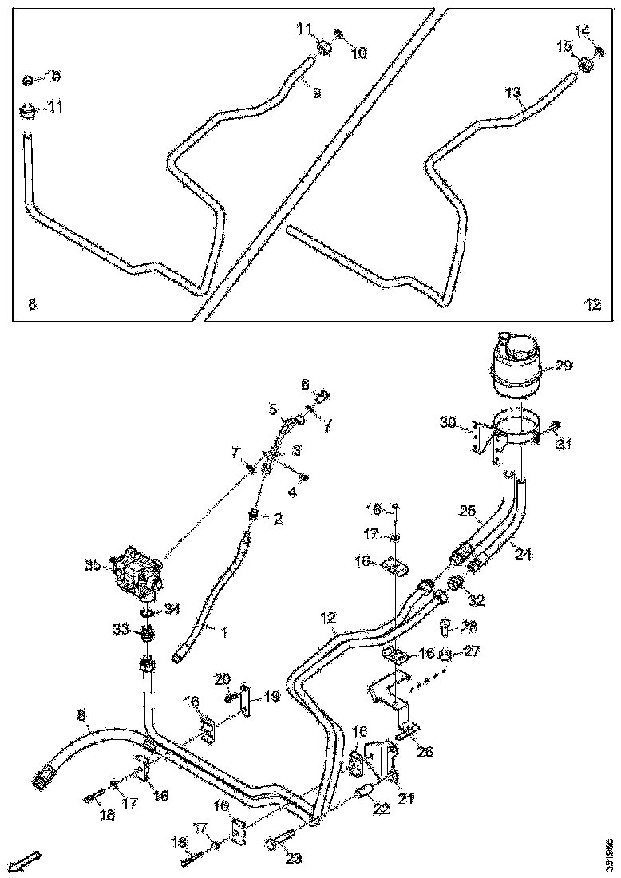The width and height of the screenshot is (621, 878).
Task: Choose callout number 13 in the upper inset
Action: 512,93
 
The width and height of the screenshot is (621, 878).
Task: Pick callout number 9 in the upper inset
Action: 316,93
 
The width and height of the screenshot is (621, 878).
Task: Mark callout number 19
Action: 271,697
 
